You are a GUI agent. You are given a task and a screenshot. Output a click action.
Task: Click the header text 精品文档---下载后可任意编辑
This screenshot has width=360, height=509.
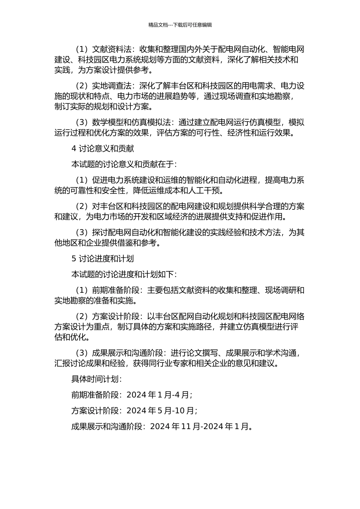pyautogui.click(x=180, y=25)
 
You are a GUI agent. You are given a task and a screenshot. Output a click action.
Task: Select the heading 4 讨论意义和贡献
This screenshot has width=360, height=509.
pyautogui.click(x=103, y=148)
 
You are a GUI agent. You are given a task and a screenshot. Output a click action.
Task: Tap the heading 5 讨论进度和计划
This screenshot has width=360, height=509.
pyautogui.click(x=103, y=259)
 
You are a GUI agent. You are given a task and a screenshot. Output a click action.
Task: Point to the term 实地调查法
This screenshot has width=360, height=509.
pyautogui.click(x=112, y=86)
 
